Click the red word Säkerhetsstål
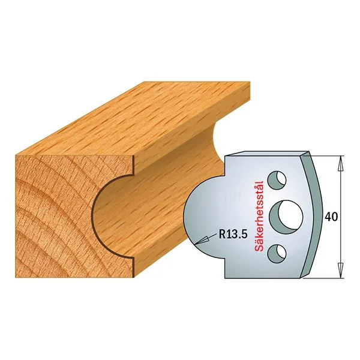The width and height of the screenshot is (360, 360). (259, 215)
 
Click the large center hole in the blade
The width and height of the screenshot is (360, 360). (286, 217)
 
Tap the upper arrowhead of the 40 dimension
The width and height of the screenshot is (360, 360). (341, 163)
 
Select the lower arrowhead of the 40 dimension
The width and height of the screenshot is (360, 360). (341, 271)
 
